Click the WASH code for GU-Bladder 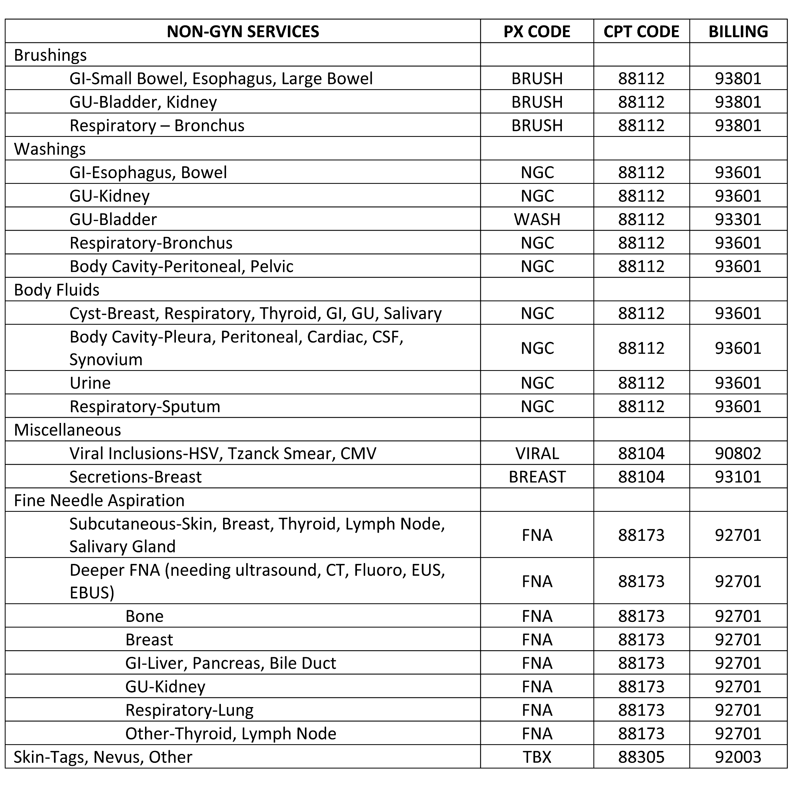[x=537, y=219]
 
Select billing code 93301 [x=738, y=219]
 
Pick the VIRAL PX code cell [x=537, y=454]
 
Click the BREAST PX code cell [x=537, y=477]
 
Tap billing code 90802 [x=738, y=454]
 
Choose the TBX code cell [x=537, y=757]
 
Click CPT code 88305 [x=641, y=757]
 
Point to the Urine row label [x=90, y=383]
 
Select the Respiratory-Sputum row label [x=145, y=407]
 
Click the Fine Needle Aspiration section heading [x=99, y=500]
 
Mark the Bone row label [x=145, y=616]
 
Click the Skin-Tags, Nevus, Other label [x=103, y=757]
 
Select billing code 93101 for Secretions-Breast [x=738, y=477]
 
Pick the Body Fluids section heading [x=57, y=290]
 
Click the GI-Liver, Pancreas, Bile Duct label [x=231, y=663]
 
